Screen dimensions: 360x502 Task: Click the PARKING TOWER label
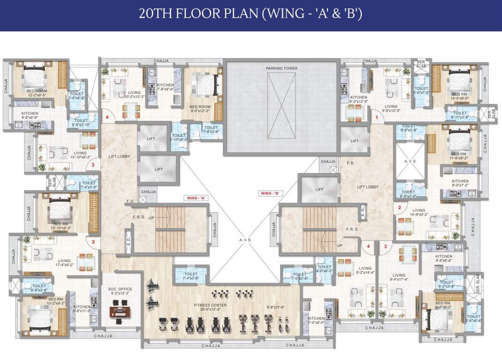click(281, 68)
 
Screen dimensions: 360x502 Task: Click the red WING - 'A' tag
click(197, 198)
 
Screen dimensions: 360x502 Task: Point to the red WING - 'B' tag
click(270, 193)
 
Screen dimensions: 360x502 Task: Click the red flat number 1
click(376, 118)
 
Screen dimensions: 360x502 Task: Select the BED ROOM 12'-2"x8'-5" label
click(36, 93)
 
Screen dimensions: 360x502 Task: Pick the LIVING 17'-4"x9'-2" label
click(64, 263)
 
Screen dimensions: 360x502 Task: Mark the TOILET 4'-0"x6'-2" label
click(324, 268)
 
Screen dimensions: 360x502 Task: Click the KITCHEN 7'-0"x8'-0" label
click(316, 321)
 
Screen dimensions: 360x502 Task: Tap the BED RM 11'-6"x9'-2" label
click(459, 156)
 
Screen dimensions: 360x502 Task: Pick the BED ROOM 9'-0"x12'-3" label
click(200, 109)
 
